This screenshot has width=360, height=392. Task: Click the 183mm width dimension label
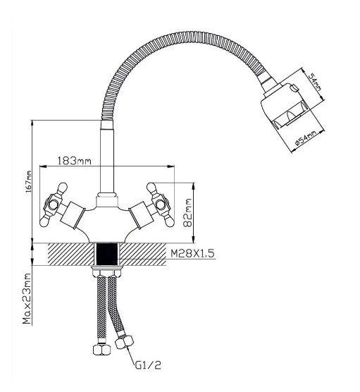tap(75, 161)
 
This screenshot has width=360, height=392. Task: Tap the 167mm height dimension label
tap(29, 181)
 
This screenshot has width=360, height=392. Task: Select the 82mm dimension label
tap(187, 213)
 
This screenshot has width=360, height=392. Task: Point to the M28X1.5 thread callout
tap(192, 254)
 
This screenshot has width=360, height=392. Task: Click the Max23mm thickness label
tap(27, 298)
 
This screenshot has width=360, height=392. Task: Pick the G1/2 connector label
tap(148, 365)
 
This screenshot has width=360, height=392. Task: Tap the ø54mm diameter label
tap(305, 137)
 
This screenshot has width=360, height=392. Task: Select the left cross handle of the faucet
tap(54, 204)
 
